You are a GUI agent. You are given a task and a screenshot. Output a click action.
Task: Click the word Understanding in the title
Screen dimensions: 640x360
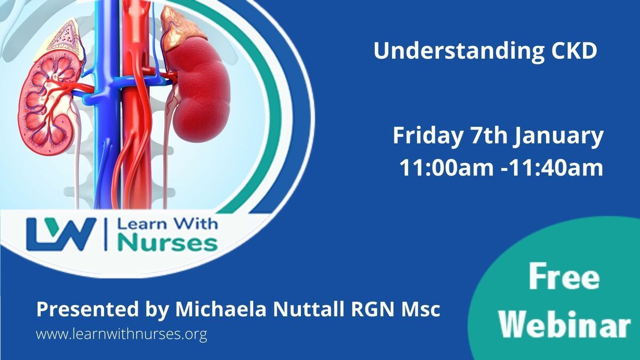pyautogui.click(x=459, y=51)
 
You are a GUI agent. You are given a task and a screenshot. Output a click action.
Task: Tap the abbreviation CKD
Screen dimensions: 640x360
pyautogui.click(x=574, y=51)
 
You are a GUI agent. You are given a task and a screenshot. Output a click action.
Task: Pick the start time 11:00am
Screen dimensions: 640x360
pyautogui.click(x=446, y=167)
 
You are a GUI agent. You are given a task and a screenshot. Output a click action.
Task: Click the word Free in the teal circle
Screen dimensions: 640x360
pyautogui.click(x=564, y=277)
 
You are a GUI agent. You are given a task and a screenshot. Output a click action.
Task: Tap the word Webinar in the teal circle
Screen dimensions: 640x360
pyautogui.click(x=565, y=324)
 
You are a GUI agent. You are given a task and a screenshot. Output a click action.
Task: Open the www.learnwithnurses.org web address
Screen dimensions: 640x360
pyautogui.click(x=122, y=334)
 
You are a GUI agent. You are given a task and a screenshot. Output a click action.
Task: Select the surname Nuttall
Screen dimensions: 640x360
pyautogui.click(x=309, y=309)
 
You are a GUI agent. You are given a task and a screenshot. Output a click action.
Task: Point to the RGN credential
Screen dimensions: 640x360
pyautogui.click(x=373, y=309)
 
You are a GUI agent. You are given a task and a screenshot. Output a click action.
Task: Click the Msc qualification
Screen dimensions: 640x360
pyautogui.click(x=421, y=309)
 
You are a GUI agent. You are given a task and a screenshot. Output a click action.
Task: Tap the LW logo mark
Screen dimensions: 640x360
pyautogui.click(x=61, y=234)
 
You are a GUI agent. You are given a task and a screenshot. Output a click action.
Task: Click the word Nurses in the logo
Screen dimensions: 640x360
pyautogui.click(x=168, y=243)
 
